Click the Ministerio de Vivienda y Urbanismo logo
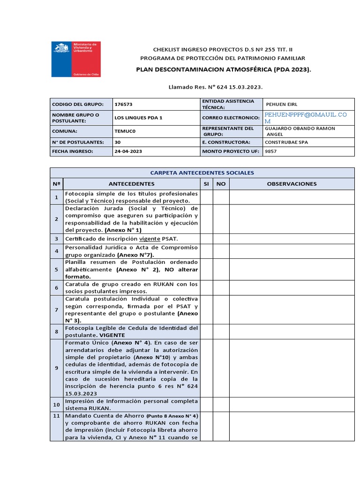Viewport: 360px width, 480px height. point(75,59)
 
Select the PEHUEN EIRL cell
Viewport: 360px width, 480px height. point(281,104)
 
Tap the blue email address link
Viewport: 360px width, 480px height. point(306,118)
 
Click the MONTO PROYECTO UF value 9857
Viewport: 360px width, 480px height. point(271,151)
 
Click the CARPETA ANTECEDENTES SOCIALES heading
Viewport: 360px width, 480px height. point(202,172)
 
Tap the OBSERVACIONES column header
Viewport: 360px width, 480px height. point(292,184)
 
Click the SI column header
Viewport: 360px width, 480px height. point(206,184)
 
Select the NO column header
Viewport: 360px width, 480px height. point(221,184)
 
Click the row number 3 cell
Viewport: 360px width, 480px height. point(56,239)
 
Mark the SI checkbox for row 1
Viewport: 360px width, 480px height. point(206,197)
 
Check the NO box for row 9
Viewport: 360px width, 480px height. point(221,368)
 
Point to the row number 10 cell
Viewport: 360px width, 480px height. point(56,404)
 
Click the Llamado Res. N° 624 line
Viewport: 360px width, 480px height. point(215,87)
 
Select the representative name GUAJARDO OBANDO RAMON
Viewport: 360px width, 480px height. point(300,128)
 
